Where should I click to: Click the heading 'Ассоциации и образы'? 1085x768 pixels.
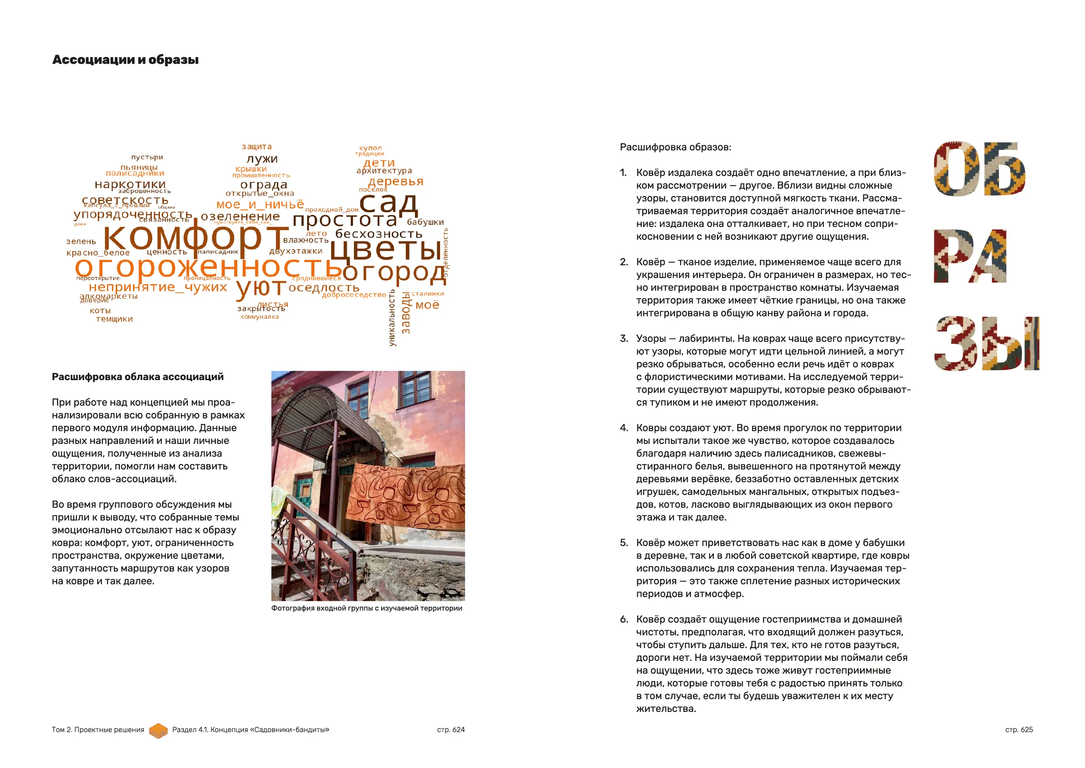coord(125,60)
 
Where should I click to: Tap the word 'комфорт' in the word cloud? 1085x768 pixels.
coord(195,237)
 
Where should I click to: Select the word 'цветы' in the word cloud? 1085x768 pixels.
coord(386,248)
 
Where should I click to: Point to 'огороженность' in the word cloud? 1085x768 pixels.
coord(208,267)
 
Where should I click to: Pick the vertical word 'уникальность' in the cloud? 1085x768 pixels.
coord(392,318)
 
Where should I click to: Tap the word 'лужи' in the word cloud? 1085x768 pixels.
coord(262,159)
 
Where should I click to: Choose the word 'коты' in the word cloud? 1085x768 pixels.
coord(100,311)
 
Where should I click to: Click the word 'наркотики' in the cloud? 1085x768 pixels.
coord(130,184)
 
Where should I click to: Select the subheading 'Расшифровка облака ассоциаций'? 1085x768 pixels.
coord(138,377)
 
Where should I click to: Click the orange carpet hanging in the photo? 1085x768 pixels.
coord(405,494)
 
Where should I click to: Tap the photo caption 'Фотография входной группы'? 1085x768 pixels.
coord(366,608)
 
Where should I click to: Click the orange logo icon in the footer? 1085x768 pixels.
coord(159,730)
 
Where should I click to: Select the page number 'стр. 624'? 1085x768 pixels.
coord(450,730)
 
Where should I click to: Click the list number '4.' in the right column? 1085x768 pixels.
coord(624,428)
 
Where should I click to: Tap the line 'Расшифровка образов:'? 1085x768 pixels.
coord(676,147)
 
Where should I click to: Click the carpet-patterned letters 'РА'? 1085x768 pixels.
coord(970,256)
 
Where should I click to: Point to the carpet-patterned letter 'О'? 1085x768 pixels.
coord(954,169)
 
